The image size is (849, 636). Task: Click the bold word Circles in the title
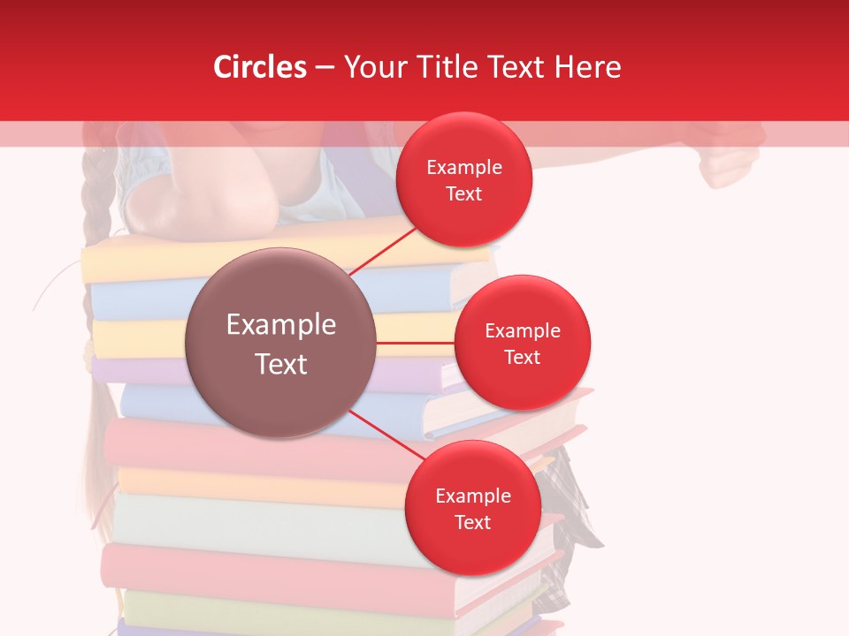pos(260,67)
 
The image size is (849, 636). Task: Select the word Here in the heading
pos(589,67)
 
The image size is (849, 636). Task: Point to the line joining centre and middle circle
pos(415,342)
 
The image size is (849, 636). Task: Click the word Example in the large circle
pos(280,325)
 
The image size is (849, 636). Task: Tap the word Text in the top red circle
pos(464,193)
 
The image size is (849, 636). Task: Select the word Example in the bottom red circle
pos(472,496)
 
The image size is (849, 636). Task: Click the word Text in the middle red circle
pos(523,357)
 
